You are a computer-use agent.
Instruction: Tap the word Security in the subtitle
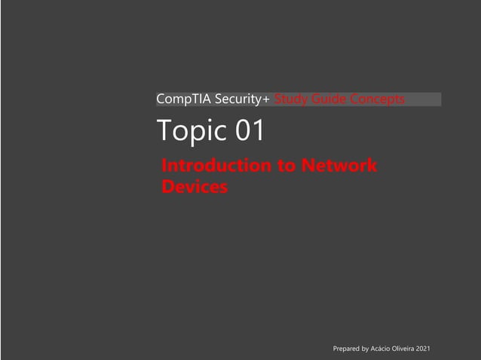pos(237,99)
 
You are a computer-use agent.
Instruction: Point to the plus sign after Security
pos(267,100)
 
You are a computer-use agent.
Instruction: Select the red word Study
pos(290,99)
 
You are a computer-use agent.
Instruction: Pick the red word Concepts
pos(376,99)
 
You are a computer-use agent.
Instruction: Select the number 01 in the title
pos(250,131)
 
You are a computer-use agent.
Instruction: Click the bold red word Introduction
pos(218,166)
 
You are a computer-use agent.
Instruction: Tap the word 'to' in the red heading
pos(287,166)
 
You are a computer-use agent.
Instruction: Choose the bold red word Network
pos(339,166)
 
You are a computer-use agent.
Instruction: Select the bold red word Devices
pos(195,187)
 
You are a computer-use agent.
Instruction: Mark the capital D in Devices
pos(168,187)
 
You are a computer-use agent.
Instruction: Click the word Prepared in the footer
pos(346,349)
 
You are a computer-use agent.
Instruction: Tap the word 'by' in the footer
pos(366,349)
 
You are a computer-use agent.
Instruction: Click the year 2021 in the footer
pos(424,349)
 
